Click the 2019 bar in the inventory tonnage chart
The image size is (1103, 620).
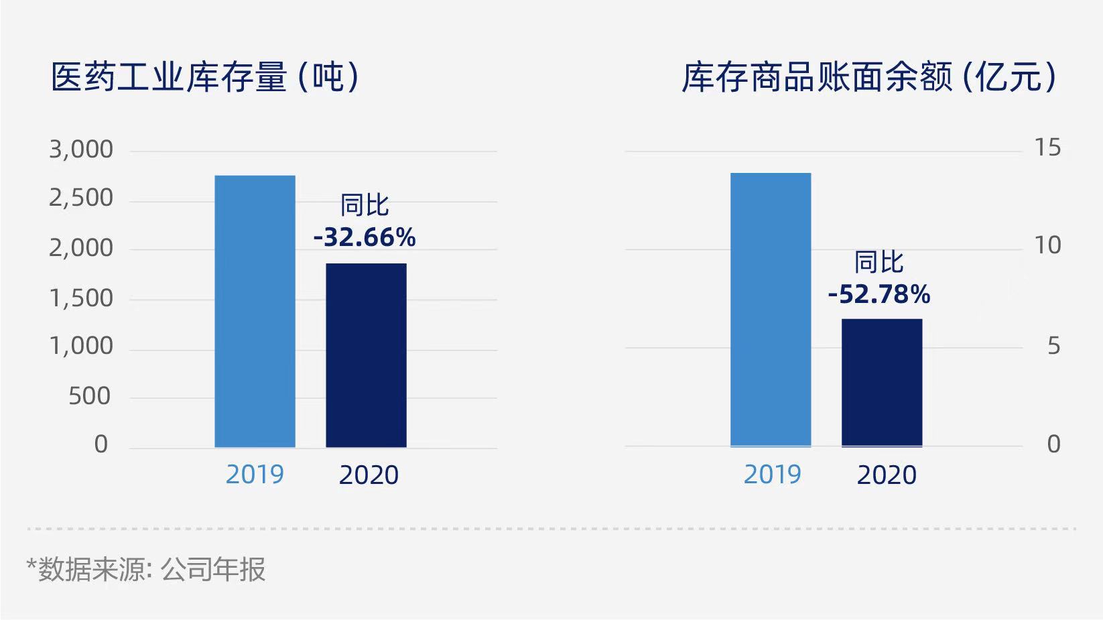(x=255, y=311)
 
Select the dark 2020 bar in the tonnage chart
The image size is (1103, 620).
(x=366, y=355)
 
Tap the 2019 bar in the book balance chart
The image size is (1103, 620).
(x=771, y=310)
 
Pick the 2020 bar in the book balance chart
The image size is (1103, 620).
(x=882, y=383)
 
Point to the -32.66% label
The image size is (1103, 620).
(x=365, y=237)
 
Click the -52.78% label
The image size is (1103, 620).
(x=879, y=294)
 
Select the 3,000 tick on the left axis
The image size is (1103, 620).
(x=81, y=149)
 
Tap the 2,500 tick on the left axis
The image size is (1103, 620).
(x=81, y=198)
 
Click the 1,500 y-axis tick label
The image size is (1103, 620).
(x=81, y=298)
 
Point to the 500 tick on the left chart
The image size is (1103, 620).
(x=89, y=396)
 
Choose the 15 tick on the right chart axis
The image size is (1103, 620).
(x=1047, y=147)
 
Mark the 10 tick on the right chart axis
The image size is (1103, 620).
(x=1047, y=246)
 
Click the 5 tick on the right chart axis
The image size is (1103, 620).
(x=1053, y=346)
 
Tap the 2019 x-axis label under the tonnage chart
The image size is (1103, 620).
(x=255, y=475)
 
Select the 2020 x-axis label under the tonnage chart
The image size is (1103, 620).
(x=369, y=475)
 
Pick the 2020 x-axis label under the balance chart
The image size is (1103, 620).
(x=887, y=475)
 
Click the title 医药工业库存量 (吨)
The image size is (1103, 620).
(x=206, y=77)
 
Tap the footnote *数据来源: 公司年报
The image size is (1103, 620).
(x=146, y=570)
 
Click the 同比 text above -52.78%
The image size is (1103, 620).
(x=879, y=262)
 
